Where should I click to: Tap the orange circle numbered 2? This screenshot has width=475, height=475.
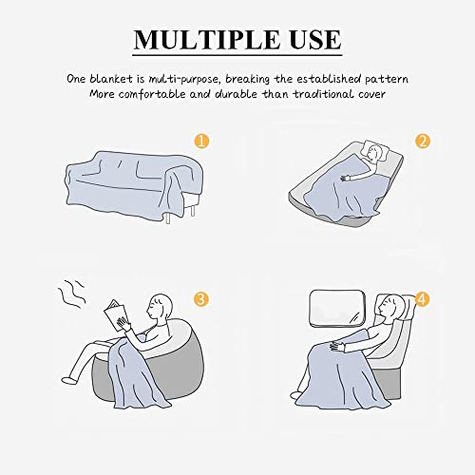pos(424,142)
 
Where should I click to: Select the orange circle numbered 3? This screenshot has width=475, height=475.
pos(200,299)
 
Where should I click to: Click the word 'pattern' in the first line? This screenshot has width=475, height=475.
pos(382,78)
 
